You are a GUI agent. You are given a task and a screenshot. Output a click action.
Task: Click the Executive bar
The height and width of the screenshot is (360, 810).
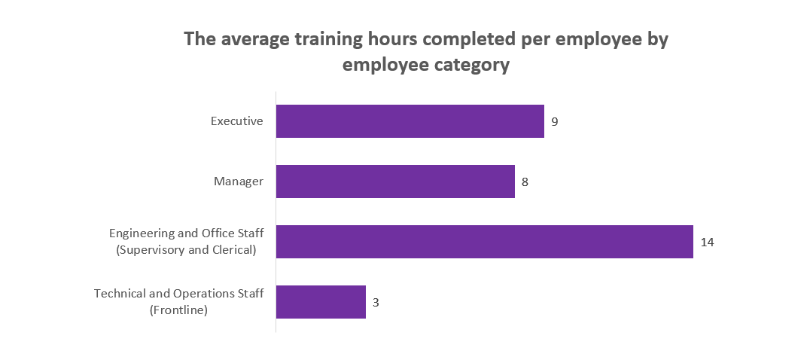(410, 121)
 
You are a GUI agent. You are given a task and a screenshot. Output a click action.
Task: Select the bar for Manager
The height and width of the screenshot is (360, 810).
(395, 182)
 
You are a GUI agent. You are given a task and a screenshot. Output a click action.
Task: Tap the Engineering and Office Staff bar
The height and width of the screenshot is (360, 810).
(484, 242)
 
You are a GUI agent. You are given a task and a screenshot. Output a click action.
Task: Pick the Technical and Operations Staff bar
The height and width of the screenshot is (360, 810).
(321, 302)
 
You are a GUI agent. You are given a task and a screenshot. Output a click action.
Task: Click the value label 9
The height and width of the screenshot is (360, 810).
(554, 121)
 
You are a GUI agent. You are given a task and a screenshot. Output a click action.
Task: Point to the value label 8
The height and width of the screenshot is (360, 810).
(525, 182)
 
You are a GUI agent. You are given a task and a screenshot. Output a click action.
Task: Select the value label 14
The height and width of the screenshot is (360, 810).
(706, 242)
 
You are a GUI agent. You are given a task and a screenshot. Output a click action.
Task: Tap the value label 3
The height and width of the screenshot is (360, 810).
(376, 302)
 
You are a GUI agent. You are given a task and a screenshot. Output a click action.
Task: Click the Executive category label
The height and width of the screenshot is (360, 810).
(236, 121)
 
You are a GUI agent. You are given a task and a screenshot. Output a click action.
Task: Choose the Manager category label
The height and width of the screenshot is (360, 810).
(239, 181)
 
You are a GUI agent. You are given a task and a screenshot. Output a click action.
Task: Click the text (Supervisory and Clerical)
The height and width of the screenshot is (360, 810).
(187, 250)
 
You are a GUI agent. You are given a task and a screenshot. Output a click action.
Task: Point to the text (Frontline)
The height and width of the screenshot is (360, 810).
(179, 310)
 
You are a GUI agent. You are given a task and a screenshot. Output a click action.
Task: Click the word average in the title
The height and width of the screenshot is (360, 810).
(253, 39)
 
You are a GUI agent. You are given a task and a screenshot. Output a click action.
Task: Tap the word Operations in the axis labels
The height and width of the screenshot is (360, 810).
(199, 293)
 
